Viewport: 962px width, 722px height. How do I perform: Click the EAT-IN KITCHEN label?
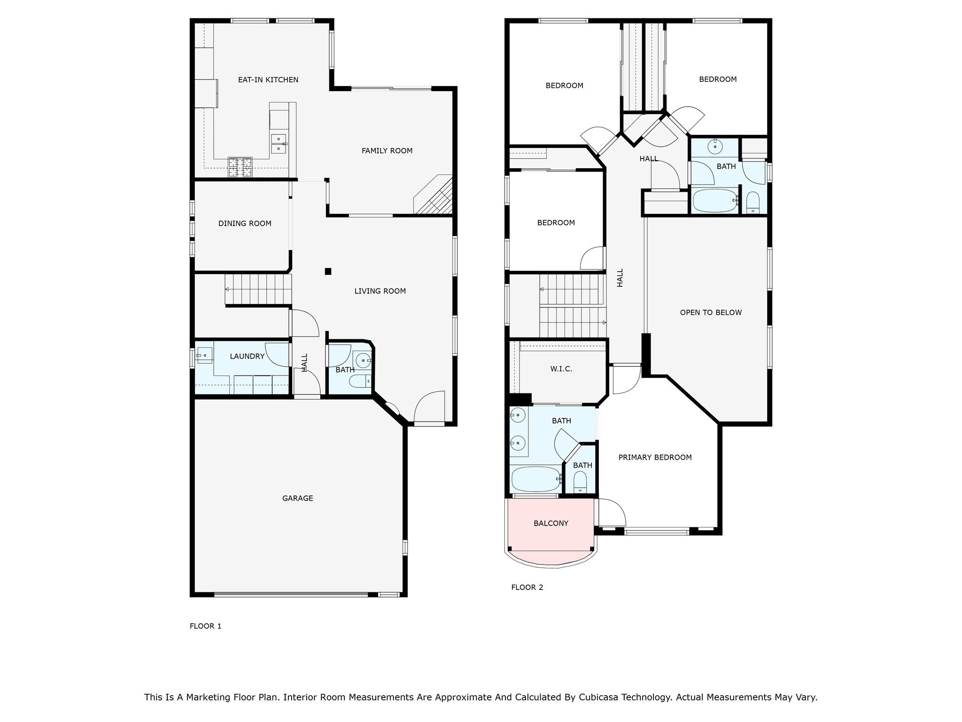click(x=268, y=80)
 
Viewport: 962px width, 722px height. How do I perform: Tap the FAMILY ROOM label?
click(x=387, y=151)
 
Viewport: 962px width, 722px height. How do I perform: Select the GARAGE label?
click(x=297, y=498)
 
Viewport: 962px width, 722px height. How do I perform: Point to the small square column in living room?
click(x=328, y=271)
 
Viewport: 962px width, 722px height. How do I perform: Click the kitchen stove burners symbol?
click(x=240, y=166)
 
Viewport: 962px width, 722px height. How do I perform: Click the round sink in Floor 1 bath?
click(x=363, y=361)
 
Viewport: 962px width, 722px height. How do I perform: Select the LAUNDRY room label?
click(x=247, y=356)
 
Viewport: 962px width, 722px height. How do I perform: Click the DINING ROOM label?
click(x=245, y=224)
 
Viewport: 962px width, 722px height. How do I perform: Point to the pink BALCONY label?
click(x=551, y=523)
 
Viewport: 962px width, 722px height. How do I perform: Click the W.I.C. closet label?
click(x=561, y=369)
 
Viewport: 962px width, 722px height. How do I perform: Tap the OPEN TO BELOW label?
click(x=711, y=313)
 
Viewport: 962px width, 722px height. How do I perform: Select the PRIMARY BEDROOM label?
click(x=655, y=457)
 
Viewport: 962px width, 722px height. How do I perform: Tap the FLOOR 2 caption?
click(x=527, y=587)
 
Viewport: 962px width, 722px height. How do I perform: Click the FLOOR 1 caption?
click(x=205, y=626)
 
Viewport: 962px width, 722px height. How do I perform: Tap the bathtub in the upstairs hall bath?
click(x=714, y=201)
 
